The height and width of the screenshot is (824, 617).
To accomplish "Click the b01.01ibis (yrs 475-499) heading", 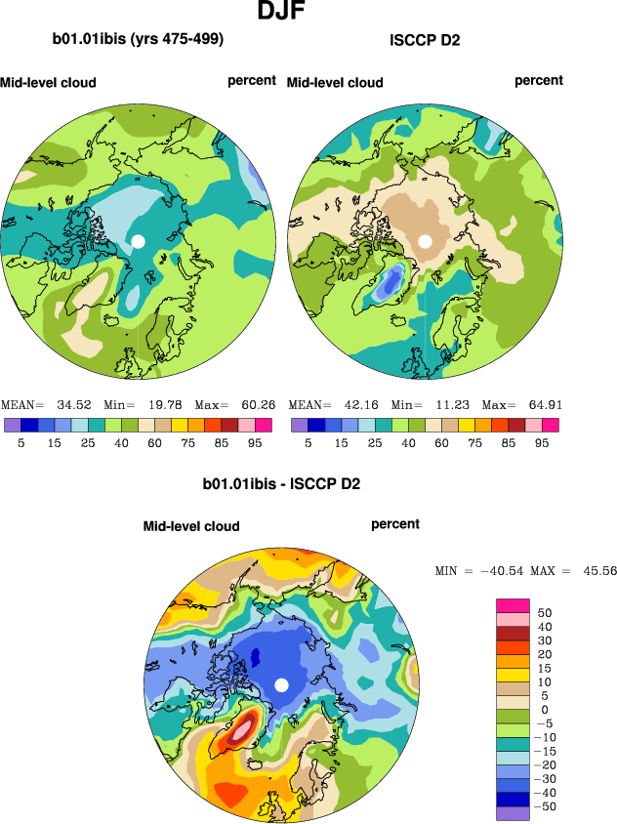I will point(139,40).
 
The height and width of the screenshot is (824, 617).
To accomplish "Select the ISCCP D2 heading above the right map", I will point(425,40).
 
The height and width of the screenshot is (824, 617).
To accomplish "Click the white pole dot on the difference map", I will point(281,684).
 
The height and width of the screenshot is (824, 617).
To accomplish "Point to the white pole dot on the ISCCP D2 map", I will point(425,241).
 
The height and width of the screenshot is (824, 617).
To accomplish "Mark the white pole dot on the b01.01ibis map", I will point(138,241).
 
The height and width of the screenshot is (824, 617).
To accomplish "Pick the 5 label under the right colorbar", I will point(308,441).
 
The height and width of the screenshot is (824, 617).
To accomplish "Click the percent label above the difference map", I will point(395,524).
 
